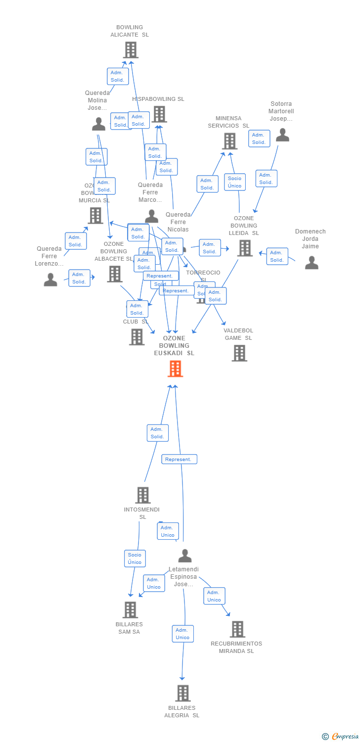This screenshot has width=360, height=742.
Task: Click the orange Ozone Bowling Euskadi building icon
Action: pos(175,369)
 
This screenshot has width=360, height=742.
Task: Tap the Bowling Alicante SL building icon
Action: pos(131,50)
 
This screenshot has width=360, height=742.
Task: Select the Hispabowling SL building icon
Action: pos(159,114)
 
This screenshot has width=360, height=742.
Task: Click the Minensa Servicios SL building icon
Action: pos(229,141)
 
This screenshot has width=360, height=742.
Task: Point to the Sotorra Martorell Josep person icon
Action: pos(282,135)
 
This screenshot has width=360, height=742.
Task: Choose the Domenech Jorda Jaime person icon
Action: pos(312,263)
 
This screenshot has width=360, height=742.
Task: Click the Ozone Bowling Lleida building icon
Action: pos(245,248)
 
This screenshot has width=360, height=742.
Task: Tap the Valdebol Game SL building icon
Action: pos(239,353)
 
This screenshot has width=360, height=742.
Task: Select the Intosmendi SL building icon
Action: pos(143,495)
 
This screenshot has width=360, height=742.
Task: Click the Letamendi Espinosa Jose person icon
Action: pos(185,556)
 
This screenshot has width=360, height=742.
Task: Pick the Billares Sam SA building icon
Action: pos(131,610)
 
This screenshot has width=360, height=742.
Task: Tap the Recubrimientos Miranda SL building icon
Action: pos(237,629)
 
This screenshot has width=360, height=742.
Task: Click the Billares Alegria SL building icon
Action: pos(183,693)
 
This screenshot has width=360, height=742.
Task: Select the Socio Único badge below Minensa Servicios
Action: pos(235,182)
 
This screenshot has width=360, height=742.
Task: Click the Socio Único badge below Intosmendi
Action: pos(135,558)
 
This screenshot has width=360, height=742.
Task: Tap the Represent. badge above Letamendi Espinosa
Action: pos(179,460)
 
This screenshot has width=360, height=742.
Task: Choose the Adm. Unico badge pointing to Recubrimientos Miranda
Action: pos(214,596)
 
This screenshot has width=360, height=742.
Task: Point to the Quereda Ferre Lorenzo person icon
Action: pos(50,280)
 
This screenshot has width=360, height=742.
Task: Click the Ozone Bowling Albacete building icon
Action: pos(115,274)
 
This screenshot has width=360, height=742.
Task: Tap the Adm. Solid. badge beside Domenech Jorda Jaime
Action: pos(277,256)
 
